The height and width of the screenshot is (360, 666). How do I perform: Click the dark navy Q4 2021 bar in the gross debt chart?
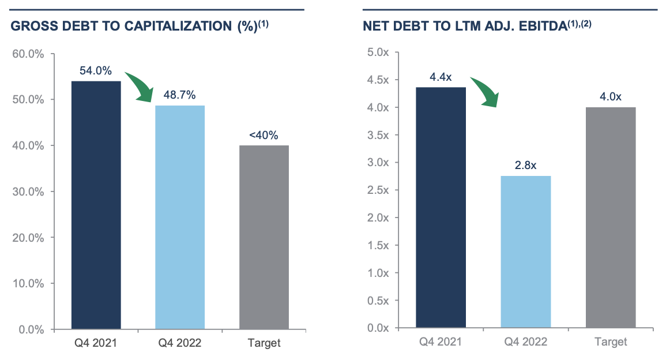[x=96, y=205]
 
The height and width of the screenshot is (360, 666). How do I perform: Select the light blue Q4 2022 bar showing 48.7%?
[x=180, y=217]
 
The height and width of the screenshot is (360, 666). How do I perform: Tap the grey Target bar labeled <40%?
[x=264, y=237]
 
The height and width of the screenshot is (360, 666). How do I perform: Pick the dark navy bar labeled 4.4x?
[x=441, y=207]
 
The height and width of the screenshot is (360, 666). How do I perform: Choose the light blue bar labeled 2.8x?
[x=526, y=252]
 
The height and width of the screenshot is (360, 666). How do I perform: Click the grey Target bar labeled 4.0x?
[x=610, y=217]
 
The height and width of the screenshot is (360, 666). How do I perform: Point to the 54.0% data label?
[x=96, y=71]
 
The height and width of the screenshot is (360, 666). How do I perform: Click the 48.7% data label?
[x=180, y=95]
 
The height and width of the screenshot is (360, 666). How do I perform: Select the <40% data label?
[x=264, y=136]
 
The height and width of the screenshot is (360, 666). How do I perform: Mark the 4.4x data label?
[x=441, y=77]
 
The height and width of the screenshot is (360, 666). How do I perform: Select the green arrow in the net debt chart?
[x=485, y=91]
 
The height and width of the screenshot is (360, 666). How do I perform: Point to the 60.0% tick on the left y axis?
[x=28, y=54]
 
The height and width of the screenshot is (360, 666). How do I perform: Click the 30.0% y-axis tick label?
[x=28, y=192]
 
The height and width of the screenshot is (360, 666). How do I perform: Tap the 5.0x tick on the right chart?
[x=379, y=52]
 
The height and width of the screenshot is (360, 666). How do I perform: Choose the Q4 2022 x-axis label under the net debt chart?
[x=526, y=342]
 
